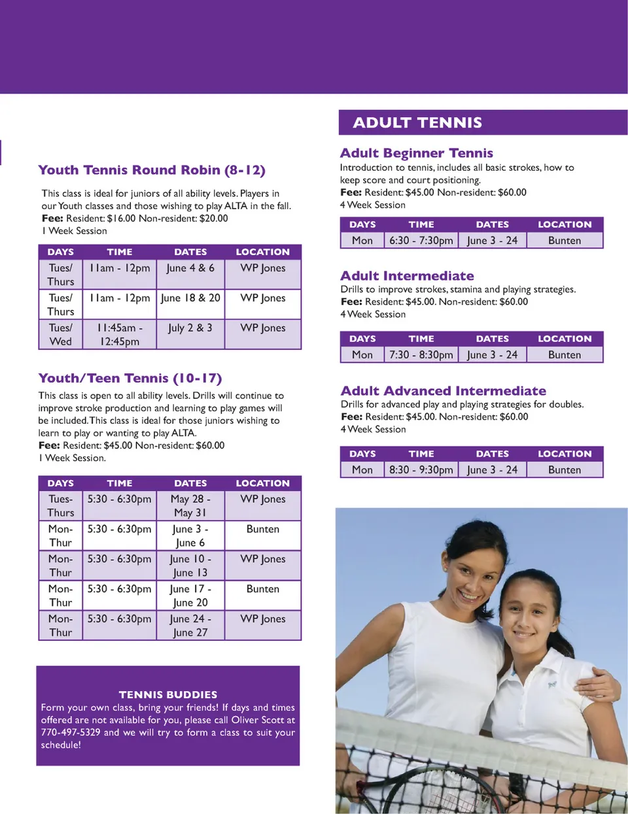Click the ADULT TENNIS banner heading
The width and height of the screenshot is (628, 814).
coord(417,123)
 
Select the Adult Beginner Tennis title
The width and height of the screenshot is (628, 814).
coord(416,153)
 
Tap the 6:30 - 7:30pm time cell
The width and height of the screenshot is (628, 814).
coord(421,241)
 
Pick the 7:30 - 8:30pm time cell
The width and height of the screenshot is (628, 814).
coord(421,355)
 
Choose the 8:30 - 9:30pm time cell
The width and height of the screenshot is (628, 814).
coord(421,470)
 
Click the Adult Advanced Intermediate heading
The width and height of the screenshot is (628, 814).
coord(443,391)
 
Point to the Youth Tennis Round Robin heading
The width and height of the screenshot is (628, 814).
coord(152,170)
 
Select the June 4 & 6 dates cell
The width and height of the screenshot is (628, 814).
coord(190,268)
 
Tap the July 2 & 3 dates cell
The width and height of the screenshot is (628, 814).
coord(190,328)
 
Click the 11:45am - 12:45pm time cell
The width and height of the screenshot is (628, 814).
coord(120,335)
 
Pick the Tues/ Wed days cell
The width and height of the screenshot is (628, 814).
coord(61,335)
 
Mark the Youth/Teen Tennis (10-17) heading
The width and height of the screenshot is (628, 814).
coord(130,378)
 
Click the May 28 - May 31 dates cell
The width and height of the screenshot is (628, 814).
coord(190,506)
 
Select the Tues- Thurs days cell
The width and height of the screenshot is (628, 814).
coord(61,506)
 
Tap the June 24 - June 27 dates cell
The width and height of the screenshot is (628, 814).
coord(190,626)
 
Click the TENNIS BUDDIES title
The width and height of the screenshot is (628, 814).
coord(168,694)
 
